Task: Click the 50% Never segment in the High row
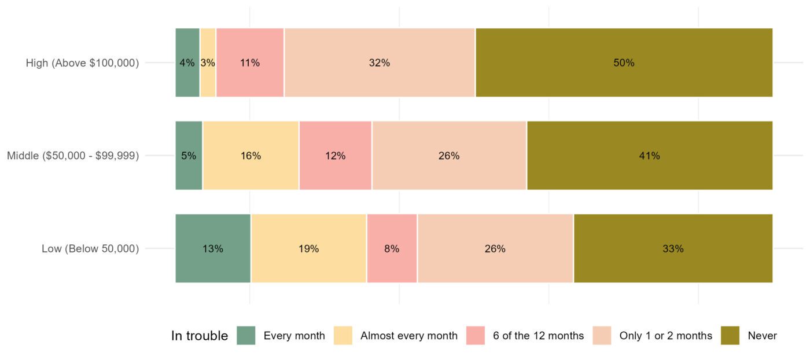[x=624, y=63]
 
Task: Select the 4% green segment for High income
[x=187, y=63]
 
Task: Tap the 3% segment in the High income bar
[x=208, y=63]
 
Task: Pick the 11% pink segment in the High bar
[x=250, y=63]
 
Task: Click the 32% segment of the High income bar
[x=380, y=63]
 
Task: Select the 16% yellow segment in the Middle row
[x=251, y=156]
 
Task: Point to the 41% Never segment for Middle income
[x=649, y=156]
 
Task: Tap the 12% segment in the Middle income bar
[x=335, y=156]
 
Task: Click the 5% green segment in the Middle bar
[x=189, y=156]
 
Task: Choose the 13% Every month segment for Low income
[x=213, y=249]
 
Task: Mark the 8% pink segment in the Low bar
[x=392, y=249]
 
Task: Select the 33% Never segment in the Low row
[x=673, y=249]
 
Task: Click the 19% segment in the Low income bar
[x=308, y=249]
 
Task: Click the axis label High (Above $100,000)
[x=82, y=63]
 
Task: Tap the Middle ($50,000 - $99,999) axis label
[x=73, y=156]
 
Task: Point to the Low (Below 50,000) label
[x=90, y=249]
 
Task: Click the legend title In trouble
[x=200, y=336]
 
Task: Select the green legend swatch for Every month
[x=246, y=336]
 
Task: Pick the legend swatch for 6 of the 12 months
[x=475, y=336]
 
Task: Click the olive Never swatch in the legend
[x=730, y=336]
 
